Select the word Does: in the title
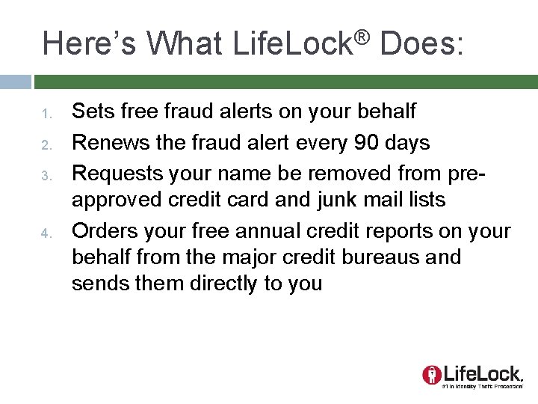[x=422, y=43]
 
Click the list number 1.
[x=45, y=114]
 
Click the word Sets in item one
[x=90, y=111]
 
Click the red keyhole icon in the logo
[x=431, y=374]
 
